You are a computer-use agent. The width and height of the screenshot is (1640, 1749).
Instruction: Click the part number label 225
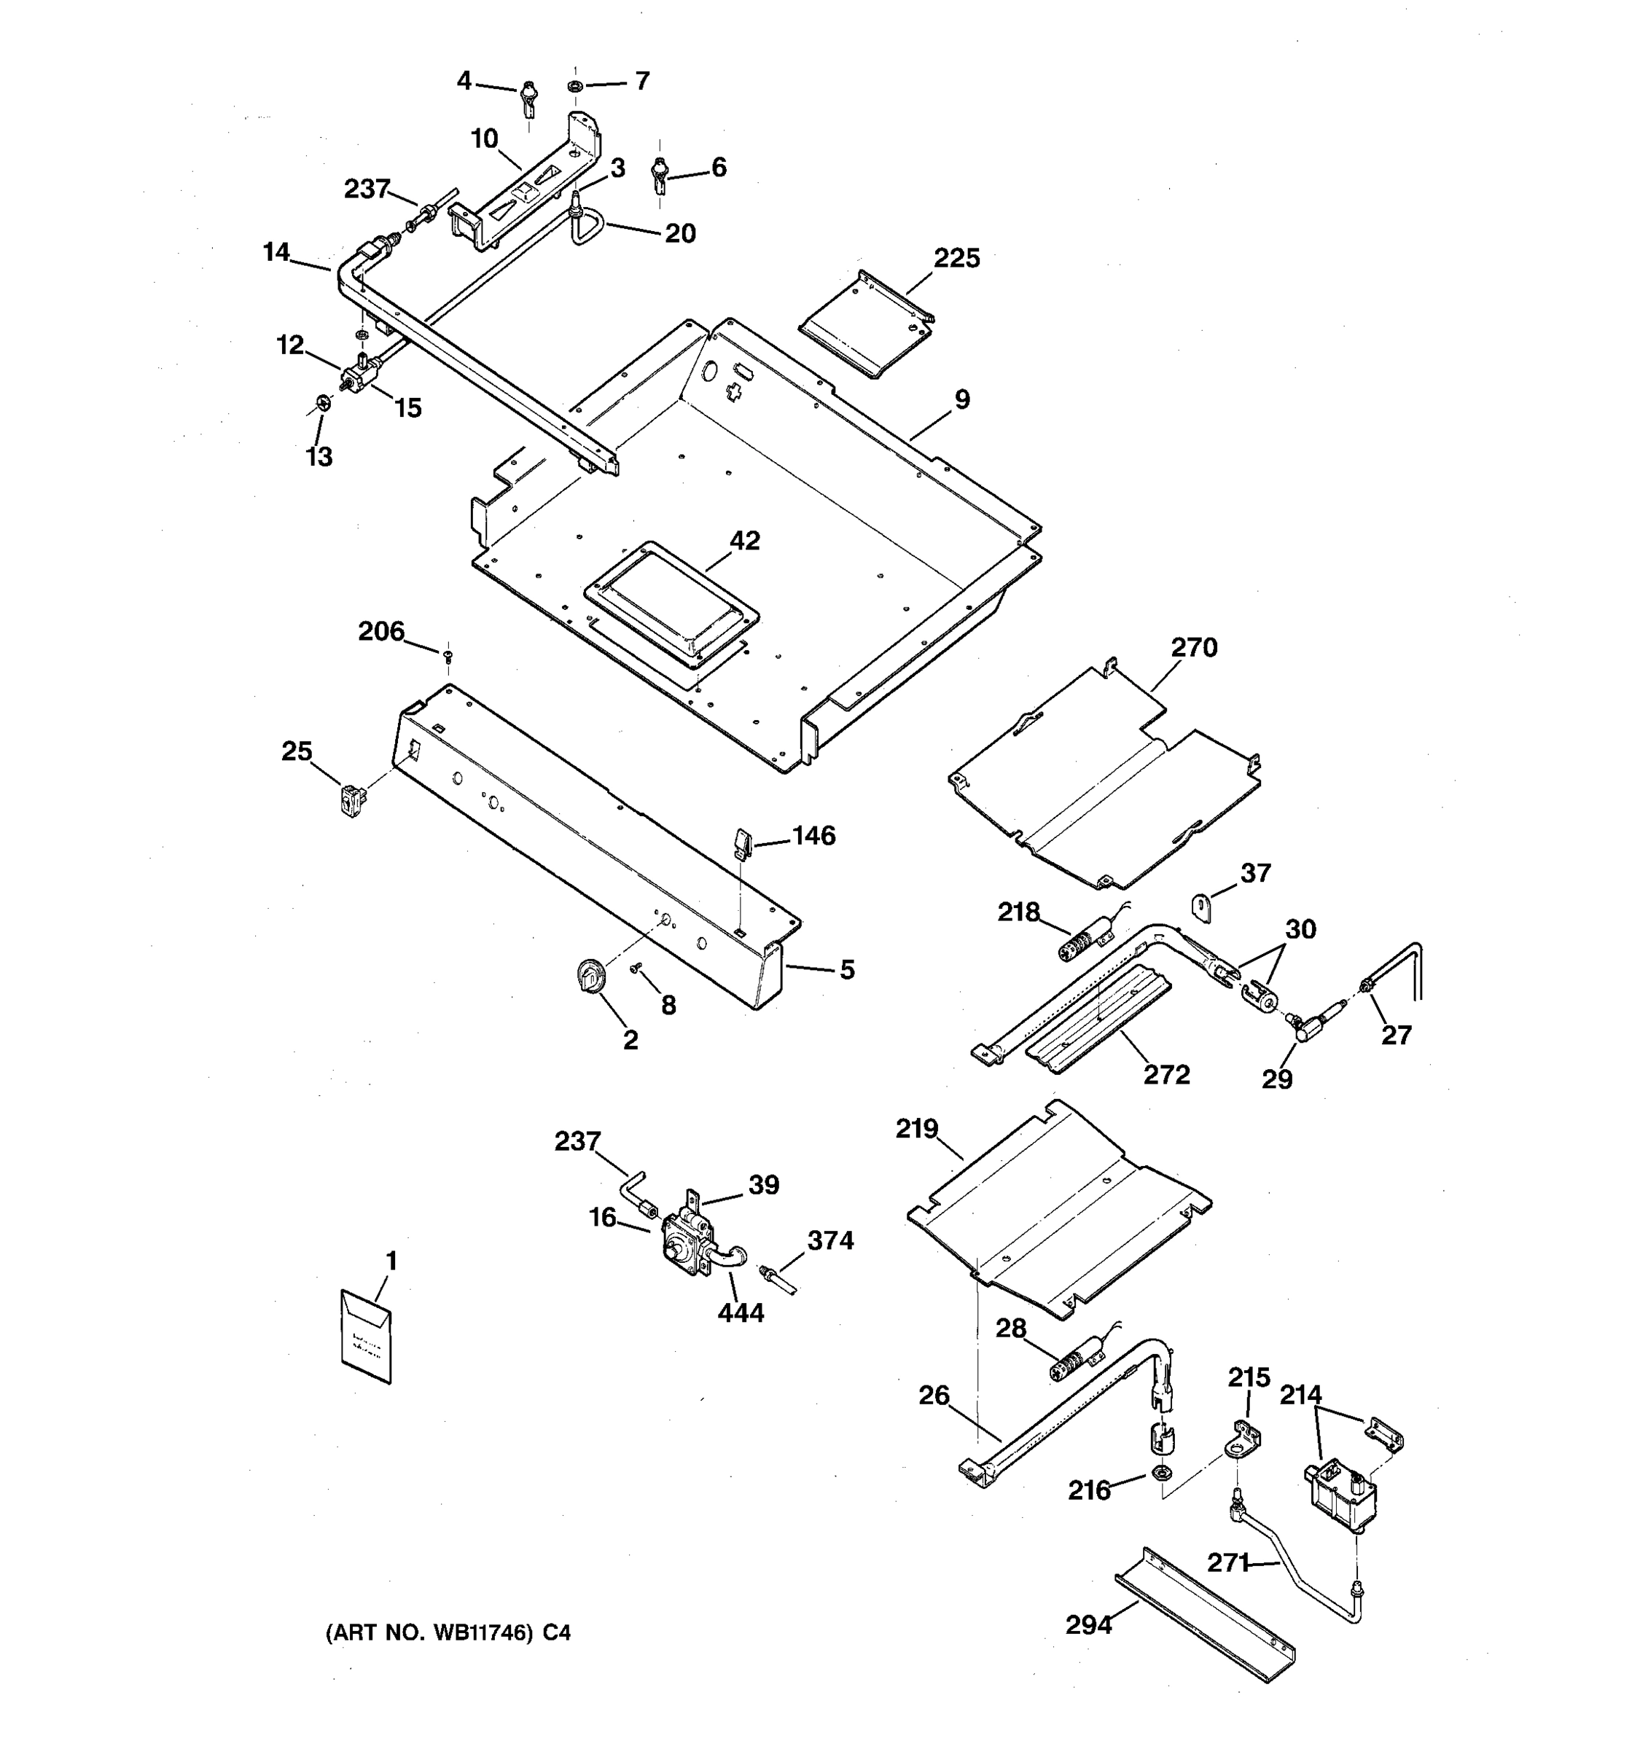click(956, 259)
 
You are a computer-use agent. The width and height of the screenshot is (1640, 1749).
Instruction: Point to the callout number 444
click(741, 1312)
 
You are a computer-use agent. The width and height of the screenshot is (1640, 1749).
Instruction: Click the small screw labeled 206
click(448, 655)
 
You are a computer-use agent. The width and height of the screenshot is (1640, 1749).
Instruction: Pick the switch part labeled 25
click(353, 802)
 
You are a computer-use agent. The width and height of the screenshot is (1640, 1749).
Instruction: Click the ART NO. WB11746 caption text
click(448, 1633)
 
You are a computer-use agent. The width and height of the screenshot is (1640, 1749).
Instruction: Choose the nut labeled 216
click(1160, 1472)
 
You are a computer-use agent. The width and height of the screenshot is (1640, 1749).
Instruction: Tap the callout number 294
click(1088, 1625)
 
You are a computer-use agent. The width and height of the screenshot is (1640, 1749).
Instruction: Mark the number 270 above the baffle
click(1194, 648)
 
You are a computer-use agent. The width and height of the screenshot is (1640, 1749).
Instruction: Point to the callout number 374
click(830, 1240)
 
